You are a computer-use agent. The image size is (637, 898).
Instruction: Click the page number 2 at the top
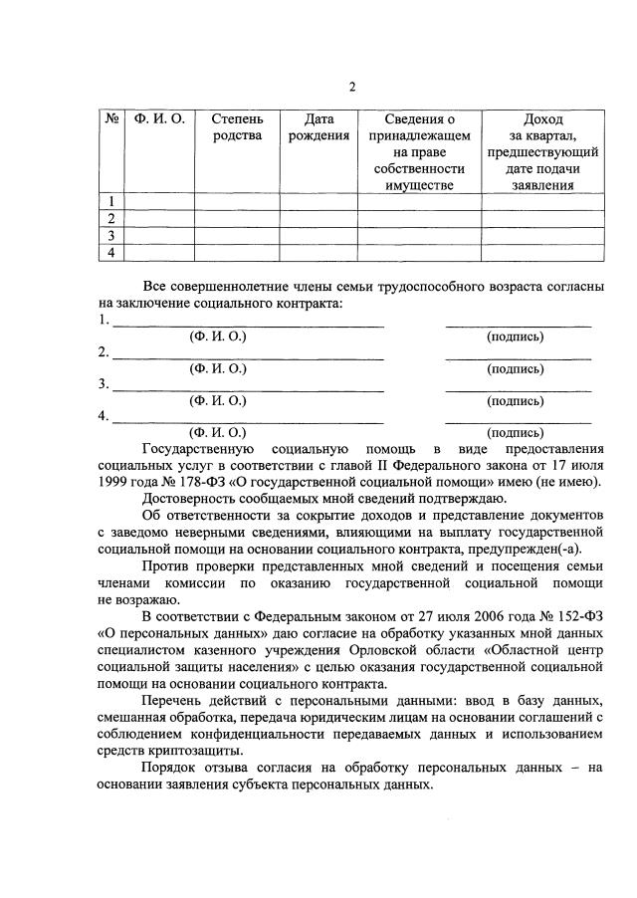click(351, 87)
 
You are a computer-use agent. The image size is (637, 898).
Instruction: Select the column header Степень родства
click(238, 127)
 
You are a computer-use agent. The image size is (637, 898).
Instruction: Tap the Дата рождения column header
click(318, 127)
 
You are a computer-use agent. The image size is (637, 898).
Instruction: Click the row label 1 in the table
click(111, 202)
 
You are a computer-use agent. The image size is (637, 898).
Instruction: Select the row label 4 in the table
click(111, 253)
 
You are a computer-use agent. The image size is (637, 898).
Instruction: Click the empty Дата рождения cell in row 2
click(318, 219)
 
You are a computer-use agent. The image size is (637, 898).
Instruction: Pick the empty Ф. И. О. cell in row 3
click(159, 236)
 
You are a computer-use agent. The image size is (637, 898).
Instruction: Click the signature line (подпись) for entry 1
click(518, 325)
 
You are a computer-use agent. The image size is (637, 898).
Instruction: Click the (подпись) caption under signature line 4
click(515, 433)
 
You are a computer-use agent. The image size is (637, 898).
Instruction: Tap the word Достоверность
click(194, 498)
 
